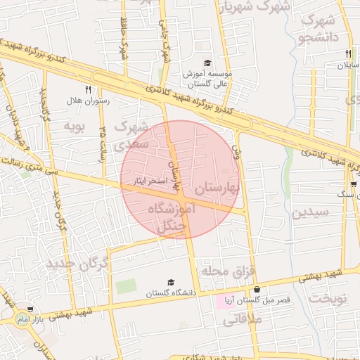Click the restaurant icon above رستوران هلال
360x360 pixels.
click(88, 89)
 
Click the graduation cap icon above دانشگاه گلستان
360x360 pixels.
click(170, 282)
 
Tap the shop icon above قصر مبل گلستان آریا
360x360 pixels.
click(257, 289)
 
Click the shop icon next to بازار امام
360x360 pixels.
click(30, 309)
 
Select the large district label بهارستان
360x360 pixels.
click(218, 188)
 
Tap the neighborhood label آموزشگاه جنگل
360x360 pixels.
click(169, 217)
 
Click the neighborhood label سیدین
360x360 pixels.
click(311, 212)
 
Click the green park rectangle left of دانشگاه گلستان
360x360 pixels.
click(126, 287)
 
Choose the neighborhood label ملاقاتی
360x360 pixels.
click(242, 321)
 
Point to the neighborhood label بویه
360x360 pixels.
click(74, 127)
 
